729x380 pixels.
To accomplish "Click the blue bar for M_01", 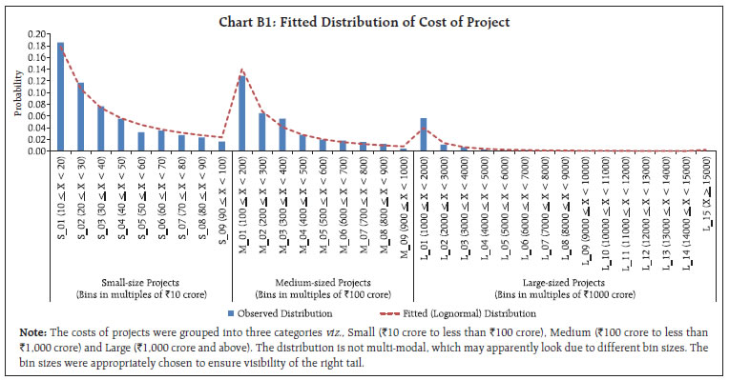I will click(x=241, y=113).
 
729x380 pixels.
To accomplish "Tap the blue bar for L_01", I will click(x=424, y=134).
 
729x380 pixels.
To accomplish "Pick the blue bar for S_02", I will click(x=80, y=117).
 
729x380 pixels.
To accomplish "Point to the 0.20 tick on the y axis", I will click(x=35, y=34).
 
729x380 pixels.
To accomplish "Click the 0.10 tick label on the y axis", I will click(x=35, y=92).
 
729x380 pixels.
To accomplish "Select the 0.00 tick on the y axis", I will click(x=35, y=150).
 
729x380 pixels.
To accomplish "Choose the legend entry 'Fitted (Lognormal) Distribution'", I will click(x=461, y=313).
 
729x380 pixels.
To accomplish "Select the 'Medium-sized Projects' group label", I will click(x=323, y=282).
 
